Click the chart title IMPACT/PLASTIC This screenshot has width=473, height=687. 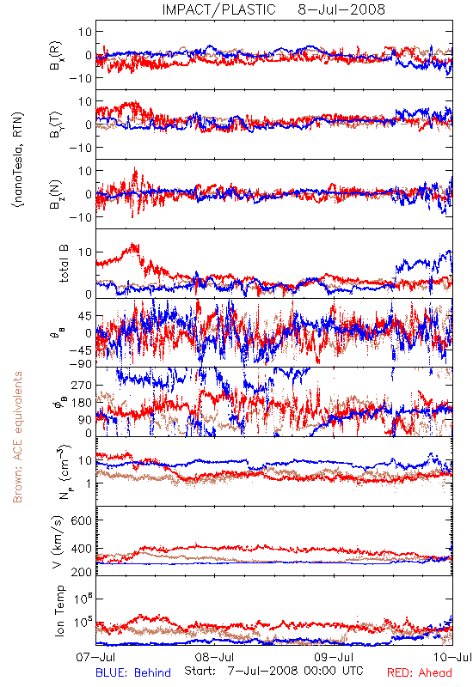[x=218, y=9]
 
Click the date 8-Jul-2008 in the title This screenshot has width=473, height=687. [x=341, y=9]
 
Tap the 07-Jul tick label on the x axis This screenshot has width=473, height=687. [x=96, y=657]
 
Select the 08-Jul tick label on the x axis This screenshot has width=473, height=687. [x=214, y=657]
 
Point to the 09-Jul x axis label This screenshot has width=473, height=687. [x=334, y=657]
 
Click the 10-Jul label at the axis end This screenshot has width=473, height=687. [x=453, y=657]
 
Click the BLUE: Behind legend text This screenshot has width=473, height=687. [x=133, y=672]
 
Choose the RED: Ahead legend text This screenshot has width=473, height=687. [x=420, y=672]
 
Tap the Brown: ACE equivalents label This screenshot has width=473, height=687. [x=17, y=437]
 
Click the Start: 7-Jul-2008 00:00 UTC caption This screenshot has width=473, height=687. [x=273, y=671]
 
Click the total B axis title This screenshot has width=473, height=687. [x=63, y=264]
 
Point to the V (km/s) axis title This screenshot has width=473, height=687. [x=58, y=542]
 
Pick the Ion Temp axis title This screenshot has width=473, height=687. [x=59, y=611]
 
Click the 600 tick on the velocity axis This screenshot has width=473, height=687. [x=82, y=520]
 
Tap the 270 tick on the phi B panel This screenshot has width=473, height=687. [x=82, y=385]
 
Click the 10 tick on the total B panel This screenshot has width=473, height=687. [x=85, y=252]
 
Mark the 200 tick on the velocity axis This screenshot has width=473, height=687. [x=82, y=571]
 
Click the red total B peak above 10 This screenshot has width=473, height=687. [x=133, y=247]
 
